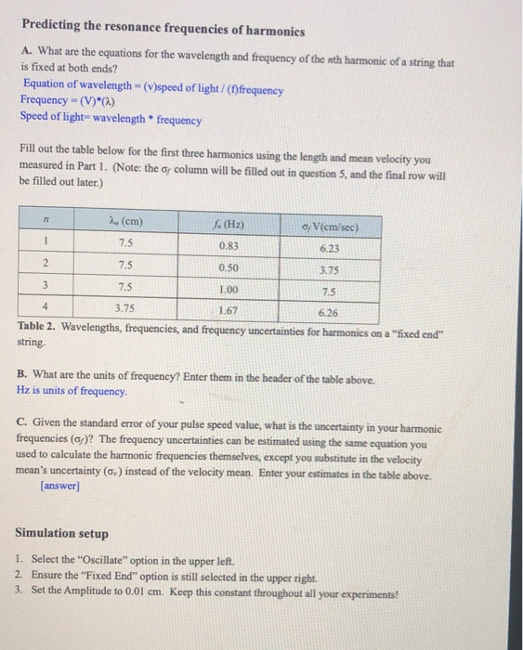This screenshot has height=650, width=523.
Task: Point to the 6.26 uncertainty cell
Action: pyautogui.click(x=329, y=312)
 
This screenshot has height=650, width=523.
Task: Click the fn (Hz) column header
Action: pyautogui.click(x=229, y=223)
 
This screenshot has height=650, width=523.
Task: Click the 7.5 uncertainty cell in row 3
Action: pyautogui.click(x=329, y=291)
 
